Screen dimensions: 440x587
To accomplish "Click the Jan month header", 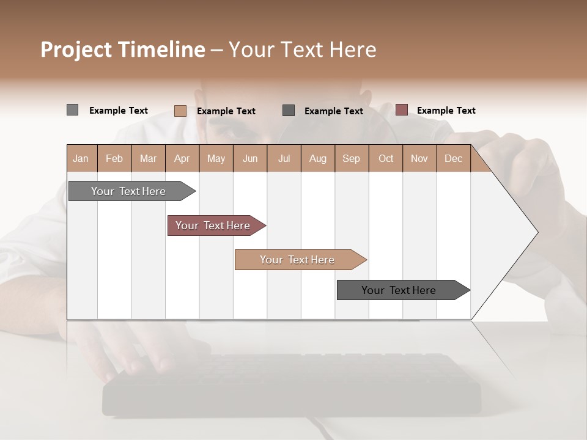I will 81,158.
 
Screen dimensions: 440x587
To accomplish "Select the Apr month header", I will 182,158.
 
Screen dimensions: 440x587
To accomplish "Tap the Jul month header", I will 284,158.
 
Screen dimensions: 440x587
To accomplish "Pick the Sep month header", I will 351,158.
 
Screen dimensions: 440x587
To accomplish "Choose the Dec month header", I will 453,158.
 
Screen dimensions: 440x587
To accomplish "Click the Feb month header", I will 114,158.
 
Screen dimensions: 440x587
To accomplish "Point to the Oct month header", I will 386,158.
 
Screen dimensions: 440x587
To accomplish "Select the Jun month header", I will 250,158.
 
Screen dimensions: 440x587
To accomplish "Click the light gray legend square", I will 72,110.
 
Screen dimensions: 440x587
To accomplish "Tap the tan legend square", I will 180,111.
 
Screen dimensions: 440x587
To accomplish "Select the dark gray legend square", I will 289,110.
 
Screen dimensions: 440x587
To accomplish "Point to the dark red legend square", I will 401,110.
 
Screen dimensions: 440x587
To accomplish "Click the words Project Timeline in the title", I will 122,50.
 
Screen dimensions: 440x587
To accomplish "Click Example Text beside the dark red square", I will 446,111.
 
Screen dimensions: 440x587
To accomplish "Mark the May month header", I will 216,158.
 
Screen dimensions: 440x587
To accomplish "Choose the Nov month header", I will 419,158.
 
